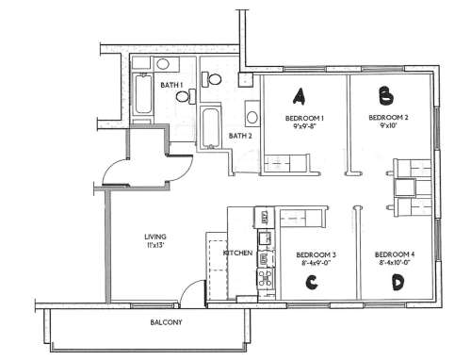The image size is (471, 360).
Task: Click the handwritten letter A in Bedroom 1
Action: (x=300, y=95)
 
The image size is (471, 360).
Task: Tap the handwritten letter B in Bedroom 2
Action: (x=385, y=94)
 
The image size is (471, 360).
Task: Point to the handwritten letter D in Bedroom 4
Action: (x=398, y=281)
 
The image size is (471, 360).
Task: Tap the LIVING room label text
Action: (x=154, y=237)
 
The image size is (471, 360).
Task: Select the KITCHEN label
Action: (x=235, y=254)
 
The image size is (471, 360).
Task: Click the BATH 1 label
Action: (x=171, y=85)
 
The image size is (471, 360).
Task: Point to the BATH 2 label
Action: (x=240, y=136)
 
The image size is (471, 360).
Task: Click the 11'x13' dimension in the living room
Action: (x=154, y=246)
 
